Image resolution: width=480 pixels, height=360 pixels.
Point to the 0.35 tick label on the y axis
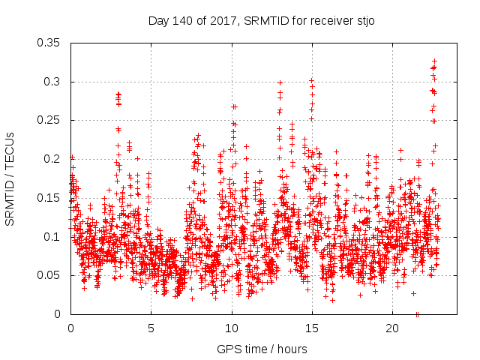49,43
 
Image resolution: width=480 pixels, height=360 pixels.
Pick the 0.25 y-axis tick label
49,120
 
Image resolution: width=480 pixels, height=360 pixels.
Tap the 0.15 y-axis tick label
49,198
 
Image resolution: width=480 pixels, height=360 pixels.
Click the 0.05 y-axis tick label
49,275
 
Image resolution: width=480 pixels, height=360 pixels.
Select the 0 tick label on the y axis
58,314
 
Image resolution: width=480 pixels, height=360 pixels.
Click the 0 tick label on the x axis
70,328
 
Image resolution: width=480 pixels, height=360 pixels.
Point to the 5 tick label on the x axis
151,328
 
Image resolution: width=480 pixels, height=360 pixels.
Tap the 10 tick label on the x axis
232,328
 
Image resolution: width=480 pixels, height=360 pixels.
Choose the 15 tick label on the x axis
312,328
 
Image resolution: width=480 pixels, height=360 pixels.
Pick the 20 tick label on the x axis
392,328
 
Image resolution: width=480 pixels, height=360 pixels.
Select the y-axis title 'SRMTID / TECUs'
10,178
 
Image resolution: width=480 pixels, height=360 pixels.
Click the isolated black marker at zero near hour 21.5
417,314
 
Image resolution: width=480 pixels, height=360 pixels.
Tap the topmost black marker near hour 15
311,80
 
